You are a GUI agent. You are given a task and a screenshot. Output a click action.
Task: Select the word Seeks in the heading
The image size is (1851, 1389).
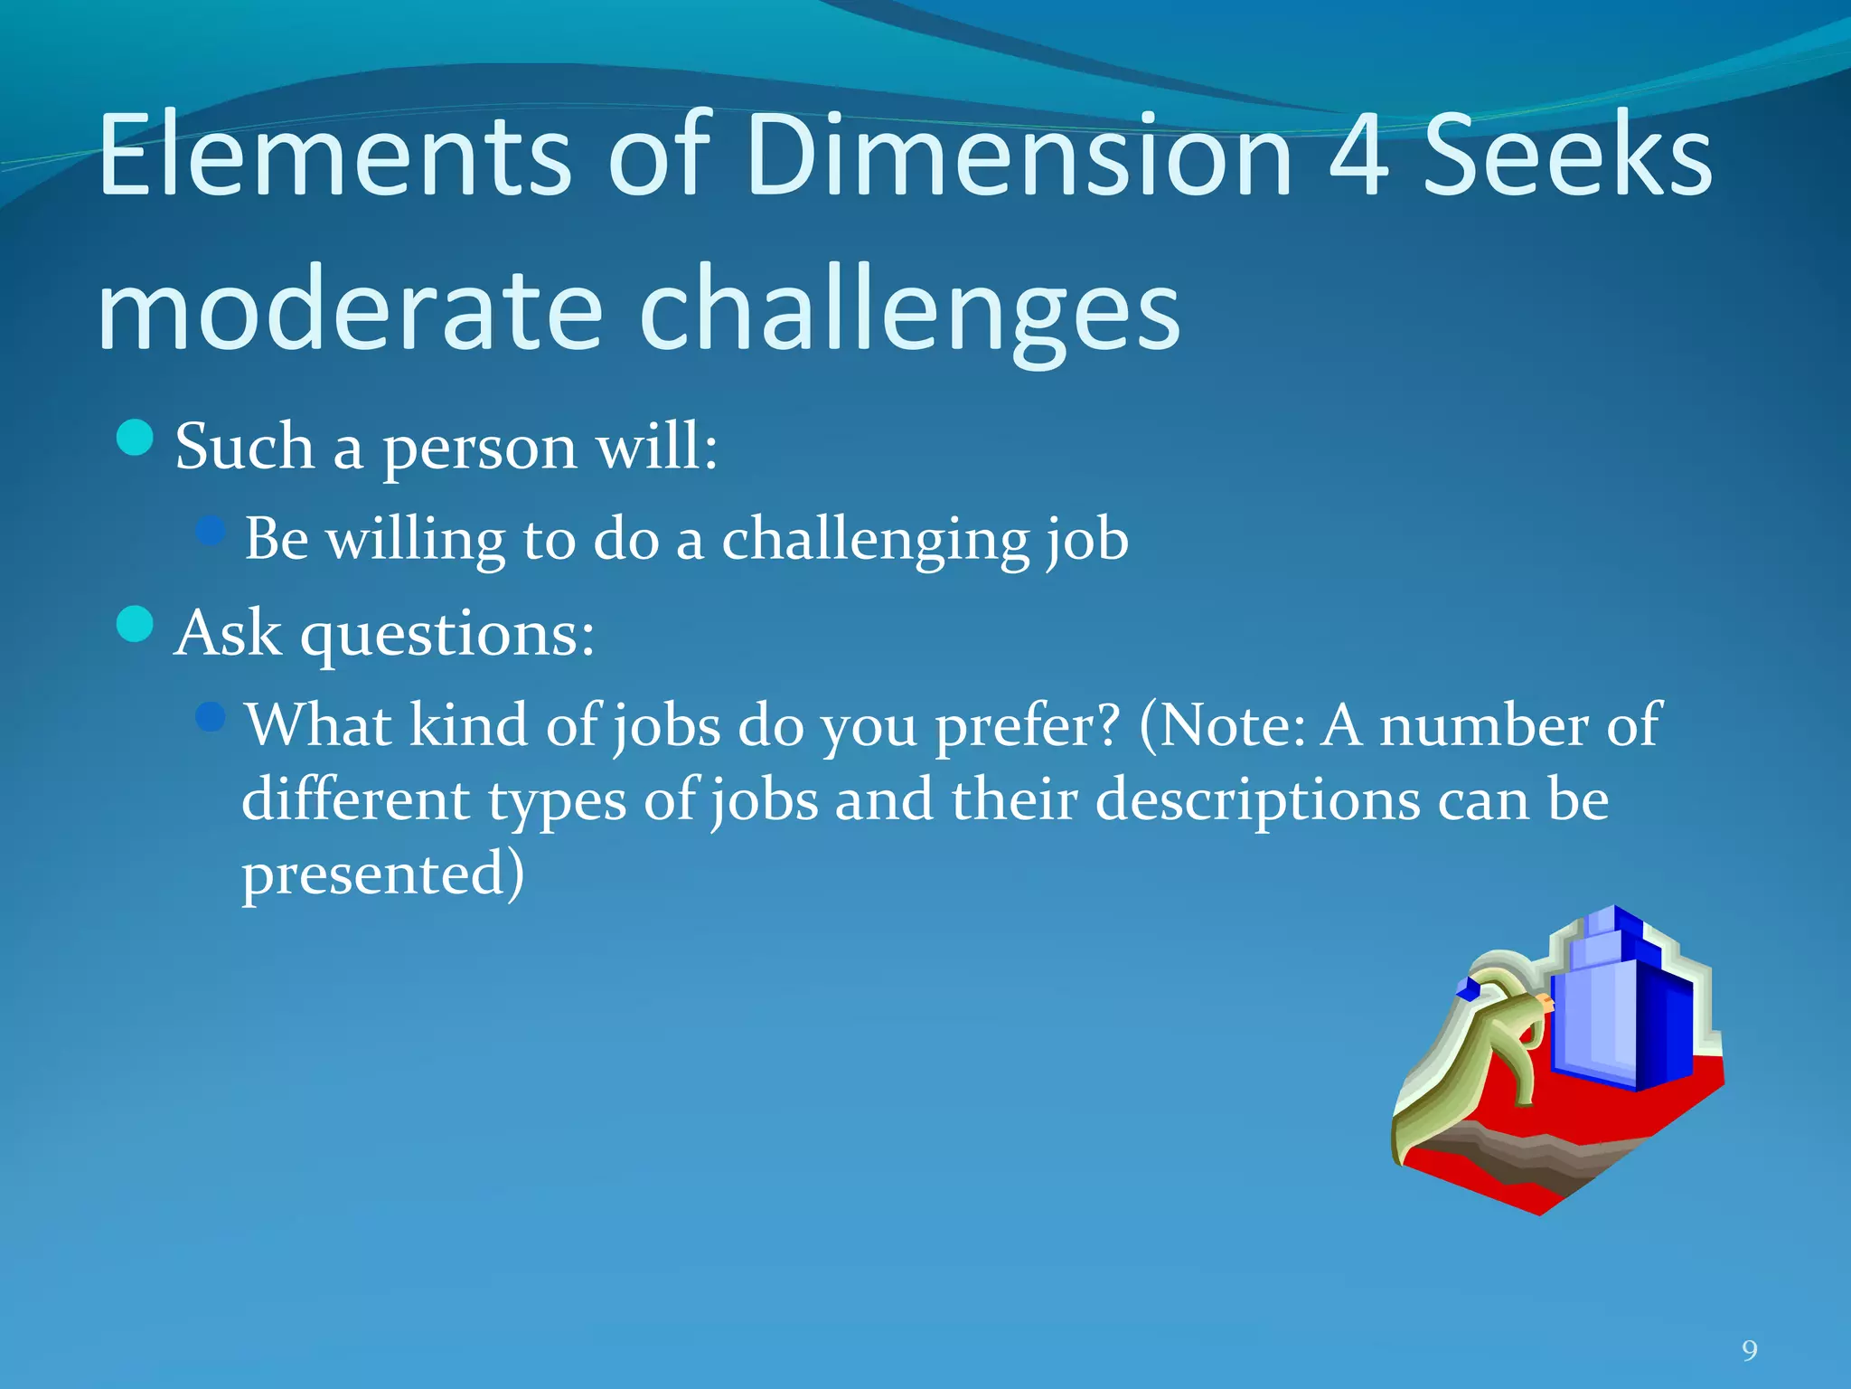click(x=1568, y=156)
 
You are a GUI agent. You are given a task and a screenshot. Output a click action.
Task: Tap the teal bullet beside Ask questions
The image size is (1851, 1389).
click(x=136, y=624)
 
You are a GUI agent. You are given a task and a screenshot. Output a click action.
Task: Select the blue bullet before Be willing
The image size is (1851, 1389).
click(x=210, y=530)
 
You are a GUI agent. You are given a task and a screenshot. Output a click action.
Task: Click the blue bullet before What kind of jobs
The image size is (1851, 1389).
click(x=210, y=717)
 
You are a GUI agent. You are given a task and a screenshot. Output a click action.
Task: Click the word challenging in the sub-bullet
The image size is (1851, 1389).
click(x=875, y=540)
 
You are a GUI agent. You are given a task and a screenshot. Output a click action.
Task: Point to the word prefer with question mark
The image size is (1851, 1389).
click(x=1027, y=727)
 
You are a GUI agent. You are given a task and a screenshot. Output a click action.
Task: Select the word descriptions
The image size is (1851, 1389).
click(x=1258, y=800)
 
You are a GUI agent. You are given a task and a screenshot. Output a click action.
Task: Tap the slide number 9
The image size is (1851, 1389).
click(x=1750, y=1351)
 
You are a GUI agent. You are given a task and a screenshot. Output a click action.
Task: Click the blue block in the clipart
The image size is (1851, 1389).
click(x=1618, y=1013)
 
